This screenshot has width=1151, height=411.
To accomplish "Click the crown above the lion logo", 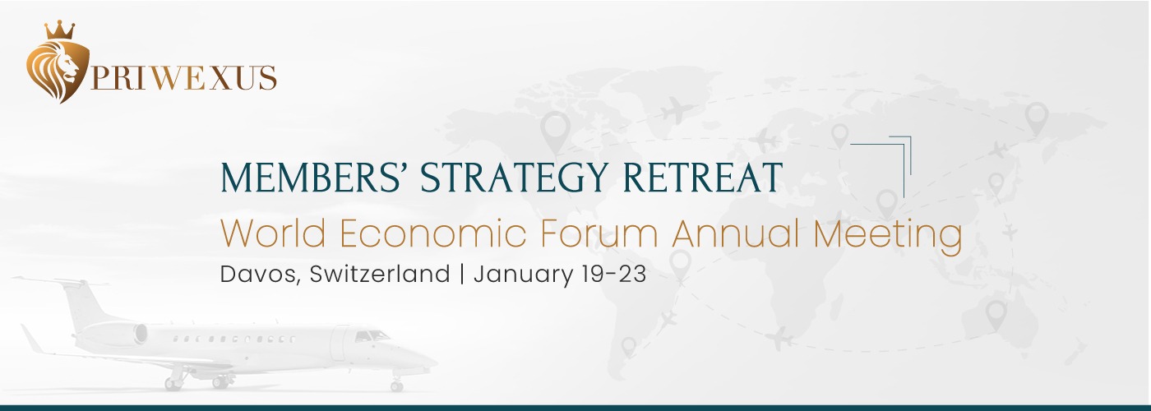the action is [x=60, y=30].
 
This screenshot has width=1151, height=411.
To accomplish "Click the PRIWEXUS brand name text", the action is [x=183, y=78].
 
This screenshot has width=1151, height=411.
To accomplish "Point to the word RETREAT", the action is [x=702, y=178].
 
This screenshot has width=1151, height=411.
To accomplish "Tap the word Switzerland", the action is [x=380, y=274].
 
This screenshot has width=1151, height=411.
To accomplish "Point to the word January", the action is [x=523, y=275].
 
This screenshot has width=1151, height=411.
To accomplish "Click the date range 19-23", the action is [x=615, y=274].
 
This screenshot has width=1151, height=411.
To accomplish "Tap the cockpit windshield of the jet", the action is [x=371, y=335].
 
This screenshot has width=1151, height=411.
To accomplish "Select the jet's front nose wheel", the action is [x=396, y=386].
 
